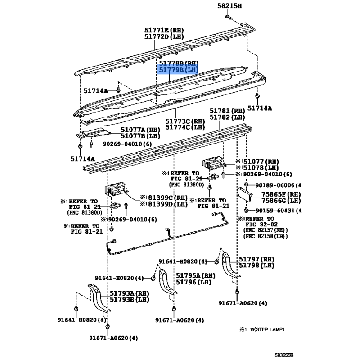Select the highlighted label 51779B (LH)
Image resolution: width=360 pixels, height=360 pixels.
[x=178, y=71]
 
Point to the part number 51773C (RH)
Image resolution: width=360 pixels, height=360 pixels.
[x=184, y=121]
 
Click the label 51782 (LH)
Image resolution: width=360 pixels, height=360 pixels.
[x=226, y=117]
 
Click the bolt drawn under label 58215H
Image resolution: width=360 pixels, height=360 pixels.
[x=229, y=17]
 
